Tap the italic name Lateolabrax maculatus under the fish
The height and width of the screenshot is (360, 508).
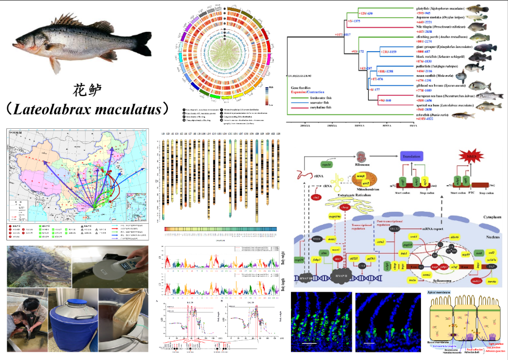pyautogui.click(x=92, y=109)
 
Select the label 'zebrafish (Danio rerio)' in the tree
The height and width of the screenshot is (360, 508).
pyautogui.click(x=432, y=114)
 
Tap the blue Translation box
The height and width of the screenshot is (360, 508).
pyautogui.click(x=415, y=156)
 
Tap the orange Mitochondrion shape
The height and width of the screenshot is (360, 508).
pyautogui.click(x=358, y=180)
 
